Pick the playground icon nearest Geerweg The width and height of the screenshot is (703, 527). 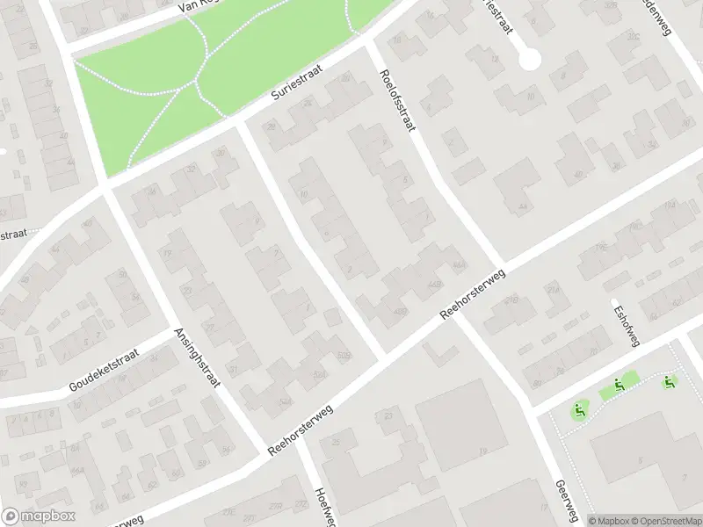(x=578, y=409)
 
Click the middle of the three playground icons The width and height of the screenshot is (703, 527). (x=620, y=383)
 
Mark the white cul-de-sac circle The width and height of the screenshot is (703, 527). (x=529, y=59)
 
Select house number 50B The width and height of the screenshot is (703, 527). (x=343, y=354)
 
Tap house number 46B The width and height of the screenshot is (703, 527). (x=458, y=266)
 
